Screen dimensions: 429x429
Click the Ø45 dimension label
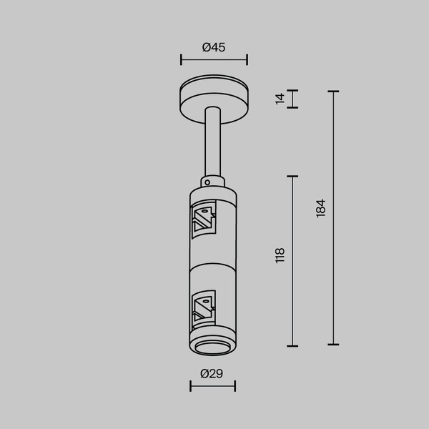pos(214,47)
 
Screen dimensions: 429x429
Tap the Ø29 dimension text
pos(212,373)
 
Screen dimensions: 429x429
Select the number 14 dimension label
pos(280,99)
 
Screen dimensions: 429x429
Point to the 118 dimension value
pos(280,255)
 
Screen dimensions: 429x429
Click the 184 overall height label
pos(320,208)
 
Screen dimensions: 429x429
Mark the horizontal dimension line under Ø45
pos(214,60)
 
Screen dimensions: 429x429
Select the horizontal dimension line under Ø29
pos(212,387)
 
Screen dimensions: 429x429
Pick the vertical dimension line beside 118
pos(292,260)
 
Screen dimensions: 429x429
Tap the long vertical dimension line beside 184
pos(333,218)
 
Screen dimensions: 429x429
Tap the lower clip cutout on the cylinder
pos(204,306)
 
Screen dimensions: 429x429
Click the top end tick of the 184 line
pos(333,92)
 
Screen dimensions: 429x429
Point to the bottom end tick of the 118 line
pos(292,345)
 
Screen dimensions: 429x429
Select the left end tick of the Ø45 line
pos(181,60)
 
